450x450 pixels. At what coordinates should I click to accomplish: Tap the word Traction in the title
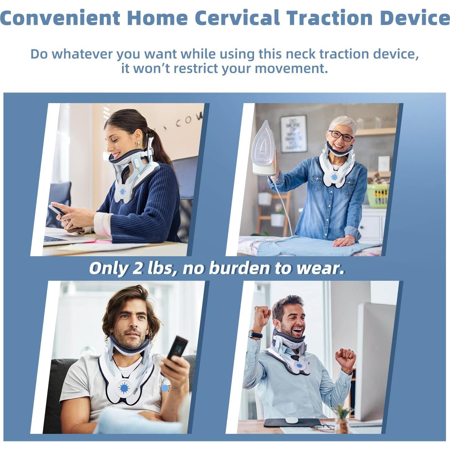330,18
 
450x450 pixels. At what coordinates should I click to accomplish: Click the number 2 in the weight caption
137,268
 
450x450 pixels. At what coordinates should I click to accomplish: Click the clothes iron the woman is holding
264,149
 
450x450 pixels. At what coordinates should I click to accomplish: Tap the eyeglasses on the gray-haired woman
341,136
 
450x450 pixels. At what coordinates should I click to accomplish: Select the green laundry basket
378,196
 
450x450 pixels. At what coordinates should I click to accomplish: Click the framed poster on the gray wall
293,134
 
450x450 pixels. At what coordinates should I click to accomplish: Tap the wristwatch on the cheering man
255,334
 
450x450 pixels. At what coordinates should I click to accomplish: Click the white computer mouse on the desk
292,420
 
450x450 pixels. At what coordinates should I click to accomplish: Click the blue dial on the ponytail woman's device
122,192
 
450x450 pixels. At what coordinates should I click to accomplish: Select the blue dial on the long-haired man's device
124,388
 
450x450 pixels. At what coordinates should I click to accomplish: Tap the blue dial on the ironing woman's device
334,177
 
